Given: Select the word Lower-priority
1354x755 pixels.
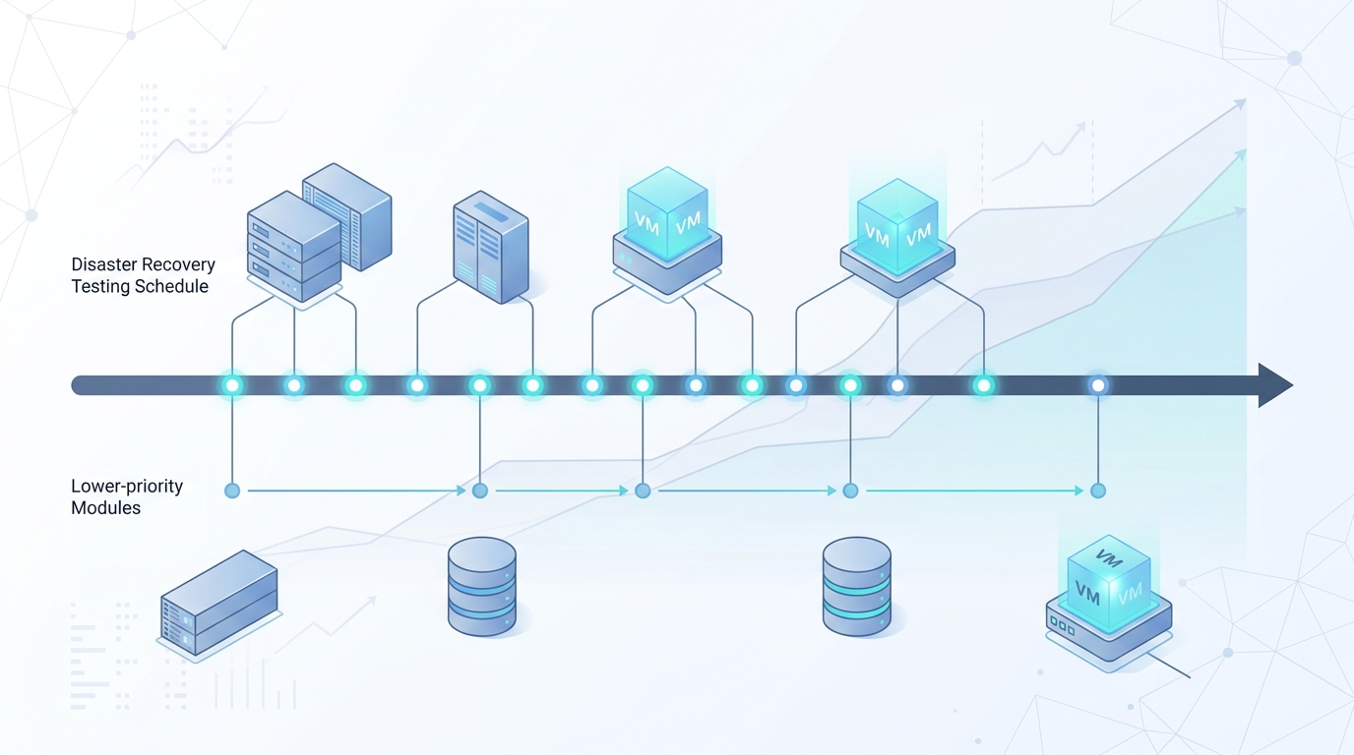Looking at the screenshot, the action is [x=127, y=487].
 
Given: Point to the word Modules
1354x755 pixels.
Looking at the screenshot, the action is [x=106, y=508].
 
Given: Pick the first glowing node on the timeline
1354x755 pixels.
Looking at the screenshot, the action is [x=232, y=385].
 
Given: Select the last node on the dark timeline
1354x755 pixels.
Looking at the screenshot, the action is [x=1098, y=385].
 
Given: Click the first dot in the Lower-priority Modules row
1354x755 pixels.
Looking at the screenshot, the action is [x=232, y=492].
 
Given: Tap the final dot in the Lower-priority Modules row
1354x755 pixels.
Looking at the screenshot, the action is [x=1098, y=492].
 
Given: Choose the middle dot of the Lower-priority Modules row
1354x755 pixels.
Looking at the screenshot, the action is [x=643, y=492].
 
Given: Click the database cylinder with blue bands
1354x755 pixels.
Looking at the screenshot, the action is [x=482, y=587].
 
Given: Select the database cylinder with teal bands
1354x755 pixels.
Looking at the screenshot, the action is [x=856, y=587].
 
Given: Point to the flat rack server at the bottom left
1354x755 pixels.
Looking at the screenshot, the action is [x=219, y=603].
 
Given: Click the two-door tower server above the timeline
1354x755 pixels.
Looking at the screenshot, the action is [x=491, y=247].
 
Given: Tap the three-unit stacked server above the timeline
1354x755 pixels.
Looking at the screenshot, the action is [x=294, y=247].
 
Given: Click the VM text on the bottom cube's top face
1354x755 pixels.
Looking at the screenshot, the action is [x=1109, y=558].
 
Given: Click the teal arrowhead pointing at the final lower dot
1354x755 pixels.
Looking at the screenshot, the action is [x=1078, y=492].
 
